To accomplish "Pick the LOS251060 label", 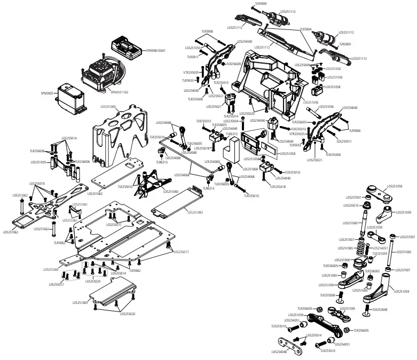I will tap(171, 191).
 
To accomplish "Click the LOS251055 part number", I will tap(194, 48).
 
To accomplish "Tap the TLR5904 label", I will tap(305, 29).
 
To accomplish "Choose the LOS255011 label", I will tap(344, 142).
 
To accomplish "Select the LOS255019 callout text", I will tap(37, 183).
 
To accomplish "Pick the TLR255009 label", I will tap(380, 254).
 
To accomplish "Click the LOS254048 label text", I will tap(279, 352).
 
